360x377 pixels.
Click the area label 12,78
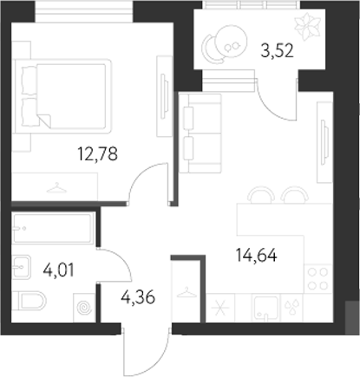point(97,155)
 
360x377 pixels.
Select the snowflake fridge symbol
point(219,309)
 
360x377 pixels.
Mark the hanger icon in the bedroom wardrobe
point(56,184)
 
